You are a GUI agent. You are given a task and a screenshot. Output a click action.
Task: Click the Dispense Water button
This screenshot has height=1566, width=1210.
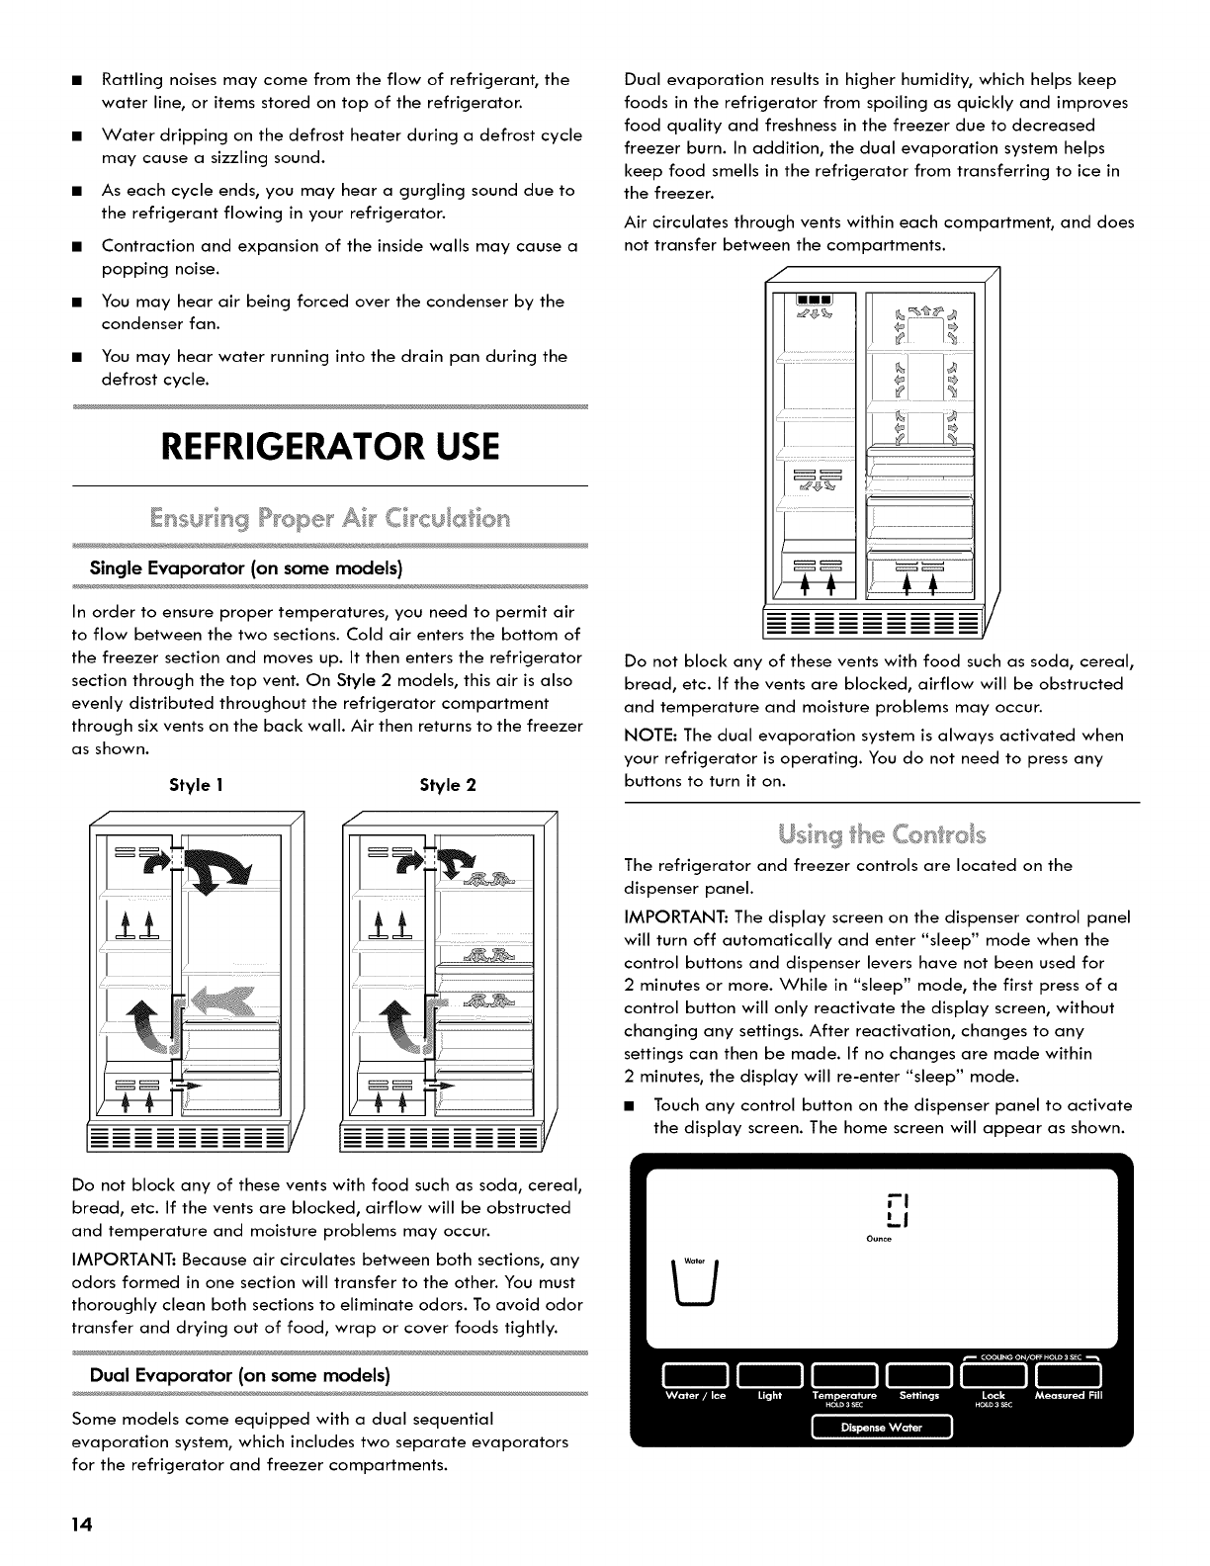(880, 1427)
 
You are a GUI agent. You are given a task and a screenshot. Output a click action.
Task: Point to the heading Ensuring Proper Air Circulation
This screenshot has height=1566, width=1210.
(328, 518)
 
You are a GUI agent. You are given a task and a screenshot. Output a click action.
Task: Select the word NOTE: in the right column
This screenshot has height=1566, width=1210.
(648, 736)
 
